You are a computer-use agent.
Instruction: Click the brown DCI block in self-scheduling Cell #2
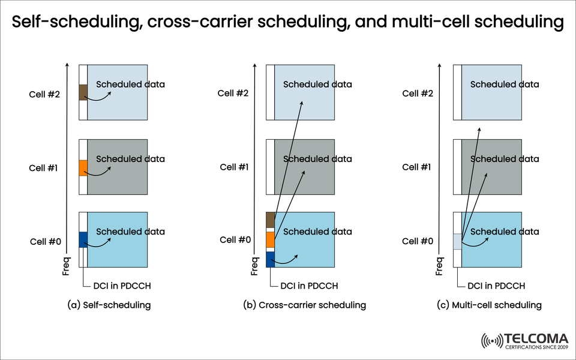(x=83, y=92)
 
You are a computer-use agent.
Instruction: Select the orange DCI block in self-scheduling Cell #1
(x=83, y=168)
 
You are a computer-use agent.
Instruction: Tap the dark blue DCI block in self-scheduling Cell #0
(x=83, y=239)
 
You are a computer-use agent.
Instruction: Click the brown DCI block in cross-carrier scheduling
(x=271, y=220)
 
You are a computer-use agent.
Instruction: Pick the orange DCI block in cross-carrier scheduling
(x=271, y=239)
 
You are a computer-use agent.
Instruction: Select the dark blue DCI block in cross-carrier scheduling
(x=271, y=259)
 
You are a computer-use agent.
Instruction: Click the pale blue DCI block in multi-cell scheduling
(x=457, y=241)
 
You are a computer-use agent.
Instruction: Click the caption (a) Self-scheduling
(x=109, y=305)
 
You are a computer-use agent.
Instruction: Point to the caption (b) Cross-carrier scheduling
(x=304, y=305)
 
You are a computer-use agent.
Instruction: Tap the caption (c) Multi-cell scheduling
(x=489, y=305)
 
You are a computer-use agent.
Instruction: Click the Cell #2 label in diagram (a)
(x=43, y=94)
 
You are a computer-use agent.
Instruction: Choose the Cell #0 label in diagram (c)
(x=418, y=241)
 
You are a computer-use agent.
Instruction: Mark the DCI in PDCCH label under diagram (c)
(x=497, y=286)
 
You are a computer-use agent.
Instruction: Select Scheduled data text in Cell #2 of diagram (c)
(x=504, y=84)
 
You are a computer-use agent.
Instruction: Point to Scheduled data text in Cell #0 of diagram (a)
(x=130, y=232)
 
